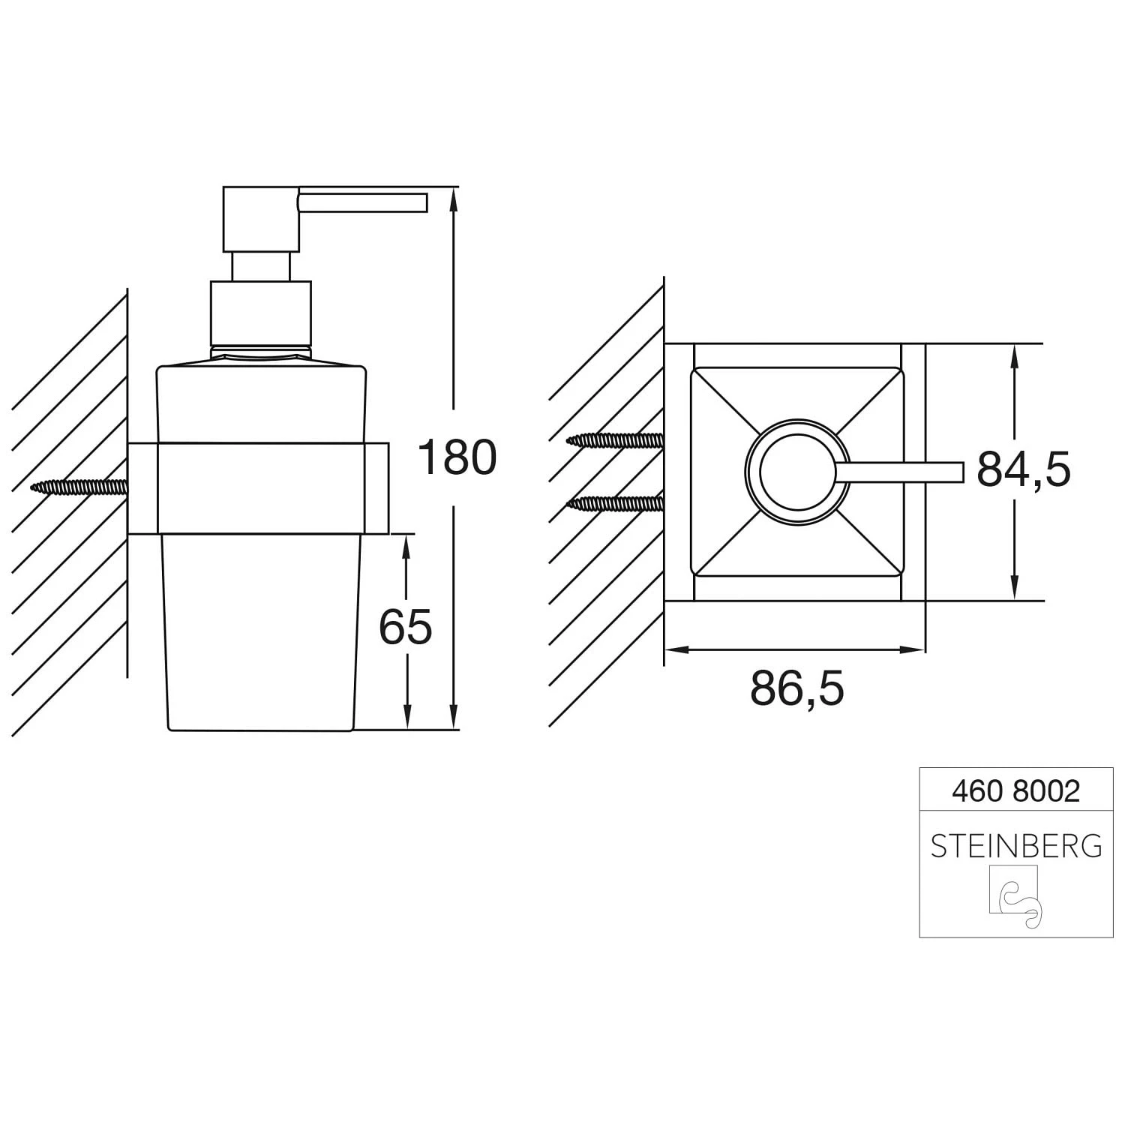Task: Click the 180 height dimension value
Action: coord(457,457)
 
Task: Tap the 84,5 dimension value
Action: coord(1024,469)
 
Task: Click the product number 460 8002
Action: coord(1016,790)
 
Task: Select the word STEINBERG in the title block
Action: coord(1016,846)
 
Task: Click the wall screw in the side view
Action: coord(79,487)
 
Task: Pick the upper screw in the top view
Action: coord(615,441)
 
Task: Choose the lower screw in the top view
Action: coord(615,503)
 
